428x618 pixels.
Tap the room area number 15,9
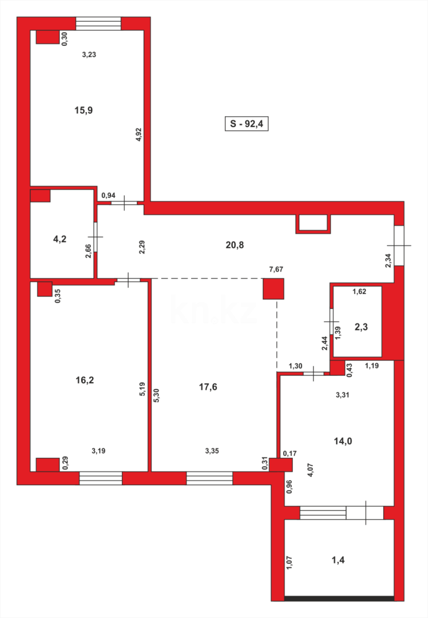84,110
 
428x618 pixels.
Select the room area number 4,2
60,239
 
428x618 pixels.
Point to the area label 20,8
235,245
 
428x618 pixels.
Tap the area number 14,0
343,441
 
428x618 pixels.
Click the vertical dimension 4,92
138,135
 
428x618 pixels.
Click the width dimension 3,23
89,55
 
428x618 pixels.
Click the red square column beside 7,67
273,289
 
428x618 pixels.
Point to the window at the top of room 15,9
98,23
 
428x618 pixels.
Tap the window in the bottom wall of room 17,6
209,478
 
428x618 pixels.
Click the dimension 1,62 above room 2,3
359,291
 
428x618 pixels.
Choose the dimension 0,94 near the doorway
108,196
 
